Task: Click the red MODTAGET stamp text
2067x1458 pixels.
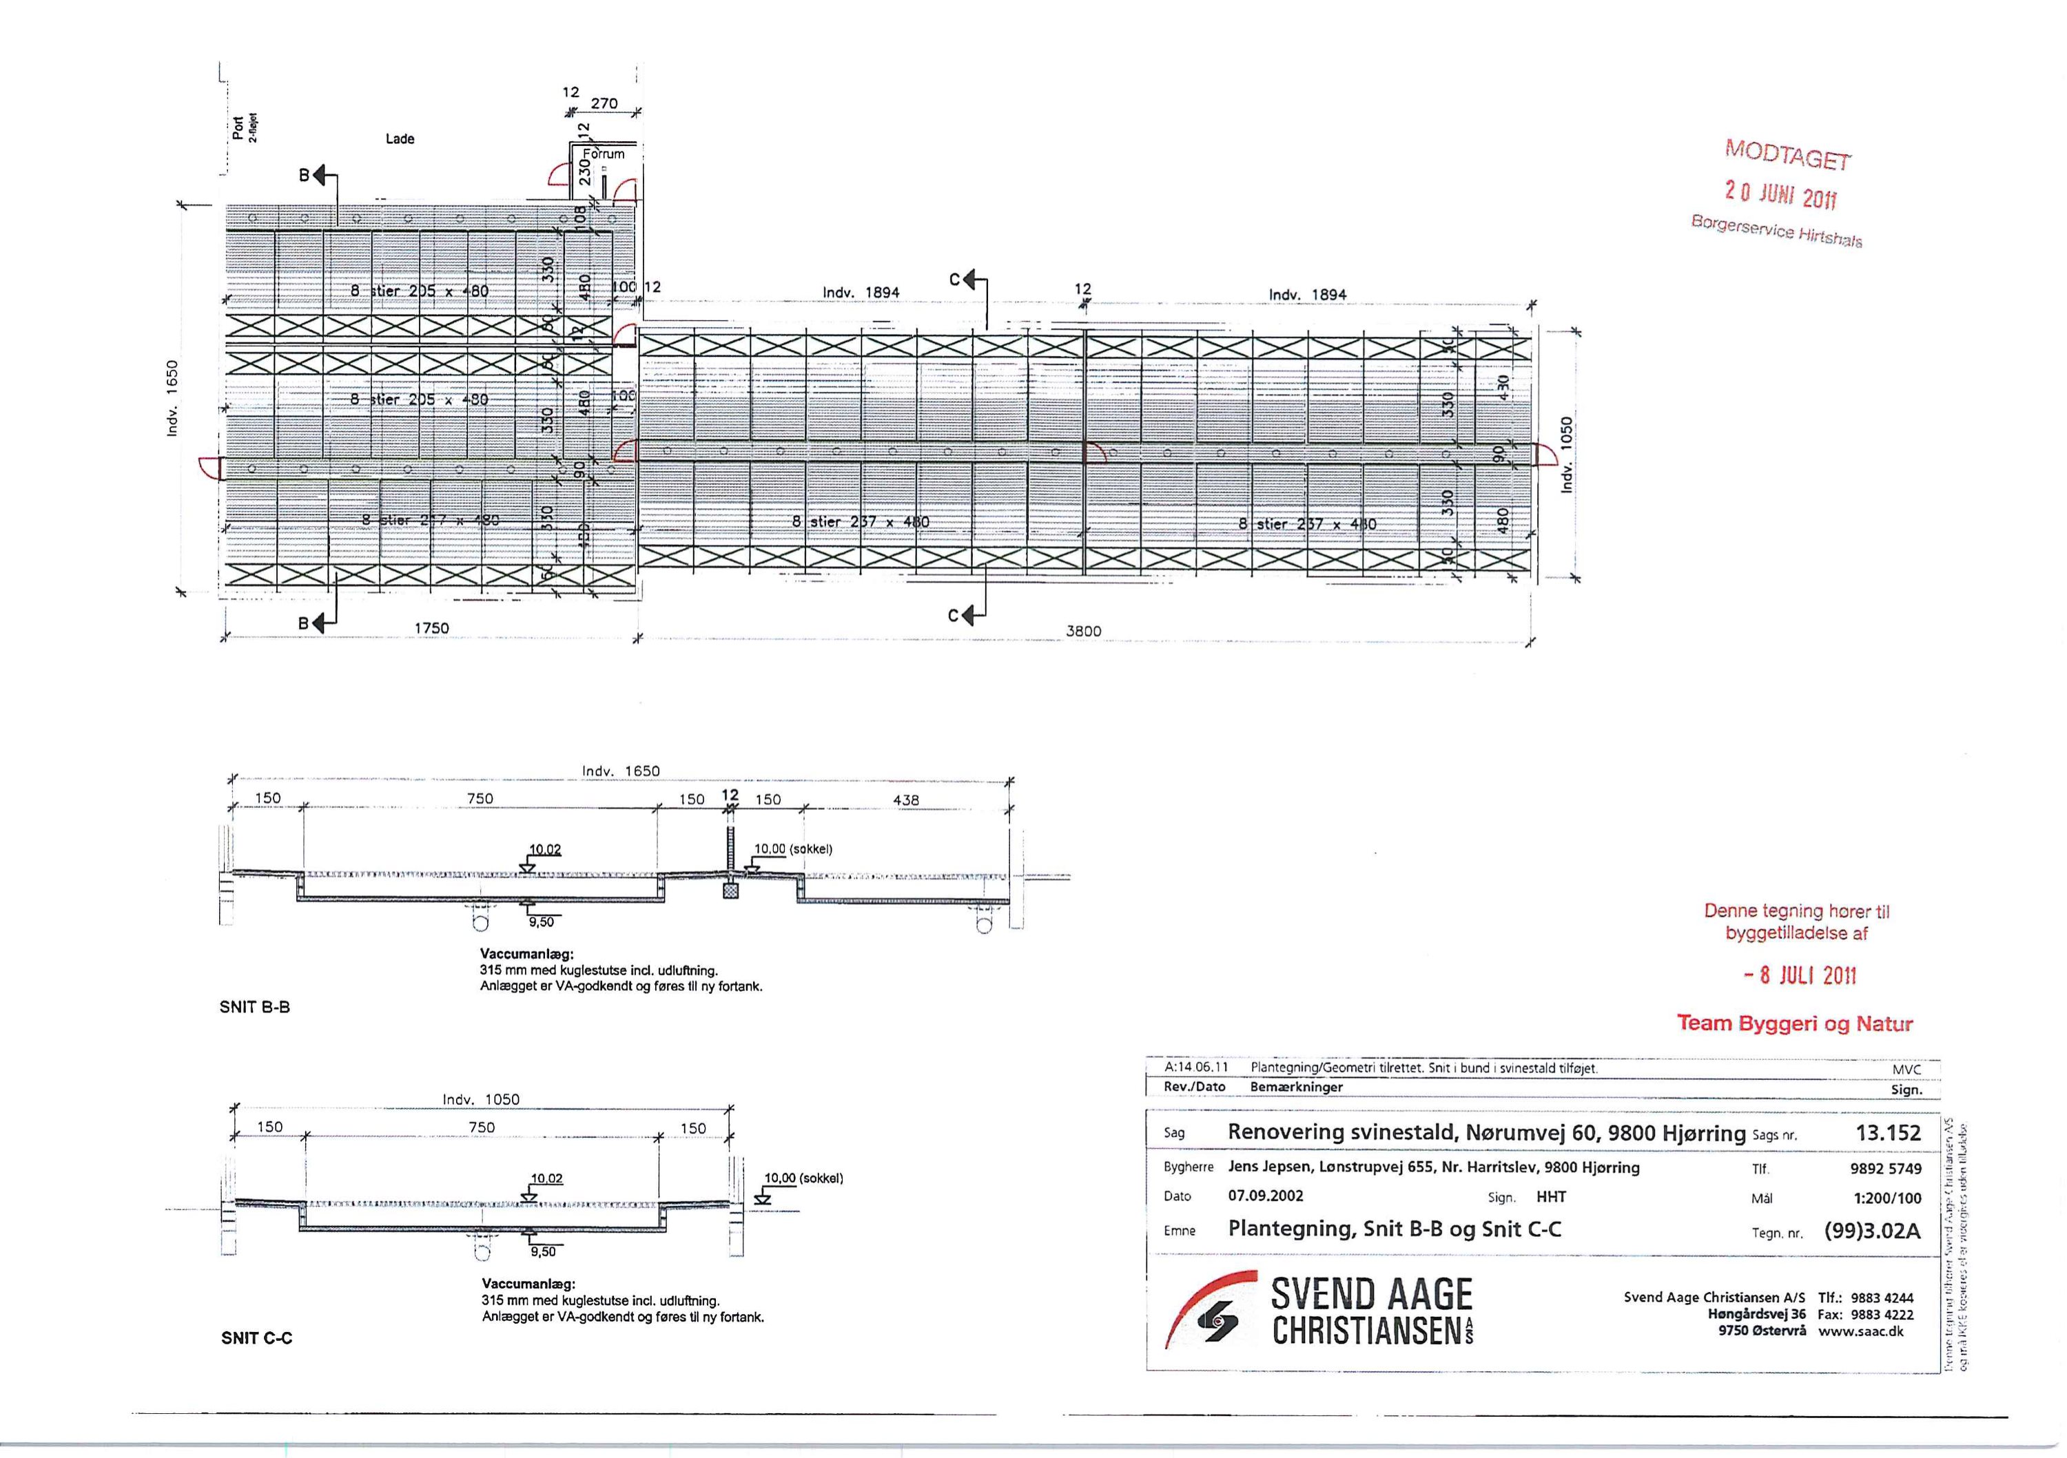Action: [x=1787, y=156]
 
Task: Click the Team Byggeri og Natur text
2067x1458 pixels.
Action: [x=1794, y=1023]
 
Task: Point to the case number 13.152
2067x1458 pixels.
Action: [x=1888, y=1133]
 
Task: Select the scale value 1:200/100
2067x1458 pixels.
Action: [x=1887, y=1198]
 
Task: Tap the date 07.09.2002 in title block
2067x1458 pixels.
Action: [x=1266, y=1196]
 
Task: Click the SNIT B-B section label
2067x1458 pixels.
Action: [x=255, y=1007]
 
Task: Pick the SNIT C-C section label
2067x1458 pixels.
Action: [x=256, y=1338]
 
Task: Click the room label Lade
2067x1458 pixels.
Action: [x=400, y=138]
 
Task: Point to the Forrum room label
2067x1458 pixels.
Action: [x=605, y=154]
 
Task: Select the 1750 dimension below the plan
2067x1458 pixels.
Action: [x=431, y=628]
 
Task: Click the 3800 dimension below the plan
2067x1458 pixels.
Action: [x=1083, y=631]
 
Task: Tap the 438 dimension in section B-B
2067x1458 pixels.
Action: [x=905, y=799]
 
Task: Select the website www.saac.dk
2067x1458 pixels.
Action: [x=1861, y=1332]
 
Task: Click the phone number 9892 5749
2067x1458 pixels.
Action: [x=1885, y=1169]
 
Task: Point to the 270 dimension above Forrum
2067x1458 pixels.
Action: [x=604, y=103]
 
